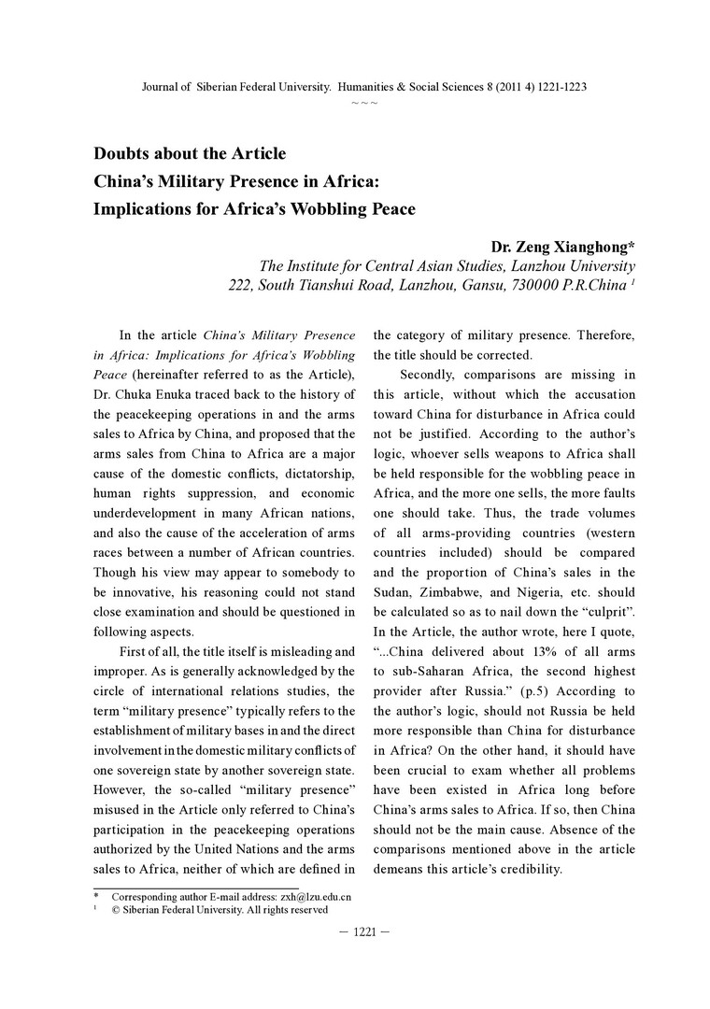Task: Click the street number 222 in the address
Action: (241, 286)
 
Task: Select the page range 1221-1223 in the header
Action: (555, 86)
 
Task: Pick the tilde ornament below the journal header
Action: (363, 101)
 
